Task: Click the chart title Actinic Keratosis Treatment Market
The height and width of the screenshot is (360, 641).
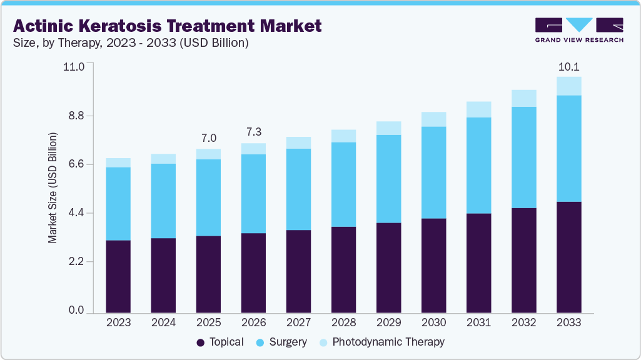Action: click(168, 26)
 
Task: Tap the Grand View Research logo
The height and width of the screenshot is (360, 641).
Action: click(579, 29)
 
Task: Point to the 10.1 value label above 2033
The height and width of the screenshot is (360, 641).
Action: click(568, 66)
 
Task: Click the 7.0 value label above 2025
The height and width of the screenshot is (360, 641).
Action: click(208, 138)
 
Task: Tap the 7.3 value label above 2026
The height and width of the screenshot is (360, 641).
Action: click(253, 132)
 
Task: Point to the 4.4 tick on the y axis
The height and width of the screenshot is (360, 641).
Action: click(76, 213)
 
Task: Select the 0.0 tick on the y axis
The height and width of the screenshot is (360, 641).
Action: click(76, 310)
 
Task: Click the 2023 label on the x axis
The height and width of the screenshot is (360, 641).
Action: click(118, 322)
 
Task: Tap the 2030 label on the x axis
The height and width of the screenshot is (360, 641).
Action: click(433, 322)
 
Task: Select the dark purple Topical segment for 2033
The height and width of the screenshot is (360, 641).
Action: click(568, 257)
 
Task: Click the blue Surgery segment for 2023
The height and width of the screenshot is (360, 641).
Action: click(118, 204)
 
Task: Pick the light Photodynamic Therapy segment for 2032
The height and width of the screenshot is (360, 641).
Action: click(523, 98)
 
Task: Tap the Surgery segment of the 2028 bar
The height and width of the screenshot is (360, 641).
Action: click(343, 184)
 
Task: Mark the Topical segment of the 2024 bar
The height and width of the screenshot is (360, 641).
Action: click(163, 275)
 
